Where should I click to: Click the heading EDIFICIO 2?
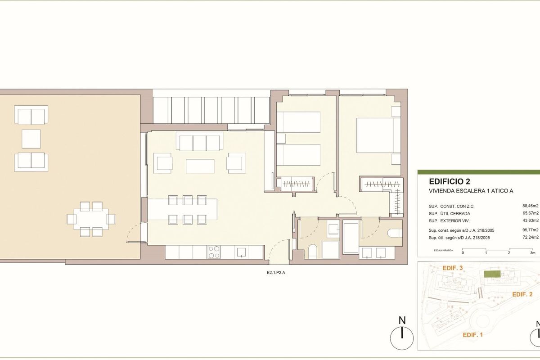(450, 182)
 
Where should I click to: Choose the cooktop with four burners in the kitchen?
(213, 252)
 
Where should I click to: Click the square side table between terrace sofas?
(31, 138)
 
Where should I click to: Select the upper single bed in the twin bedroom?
(298, 122)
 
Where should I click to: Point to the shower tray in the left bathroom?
(333, 230)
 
